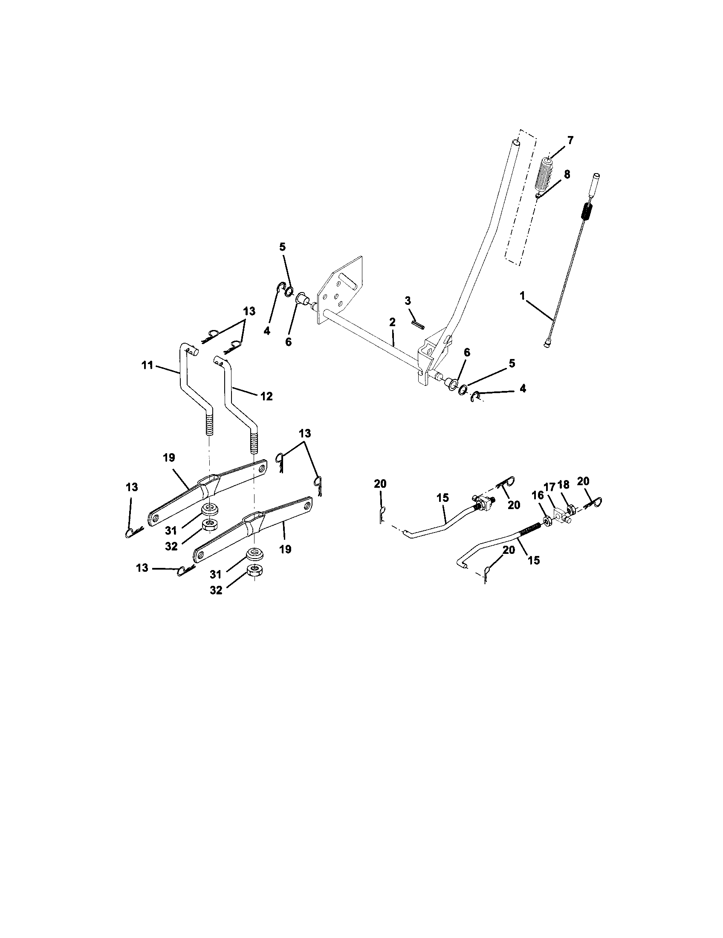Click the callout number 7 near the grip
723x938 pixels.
(570, 140)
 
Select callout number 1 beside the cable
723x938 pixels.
(523, 295)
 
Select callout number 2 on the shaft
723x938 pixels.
(393, 322)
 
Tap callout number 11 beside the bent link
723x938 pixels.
(147, 366)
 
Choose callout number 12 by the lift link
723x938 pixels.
(266, 396)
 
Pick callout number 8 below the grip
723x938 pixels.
(567, 175)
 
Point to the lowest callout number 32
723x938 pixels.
(216, 590)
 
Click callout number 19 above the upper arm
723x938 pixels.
(169, 458)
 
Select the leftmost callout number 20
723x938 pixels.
(380, 484)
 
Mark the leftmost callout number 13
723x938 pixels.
(132, 487)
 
